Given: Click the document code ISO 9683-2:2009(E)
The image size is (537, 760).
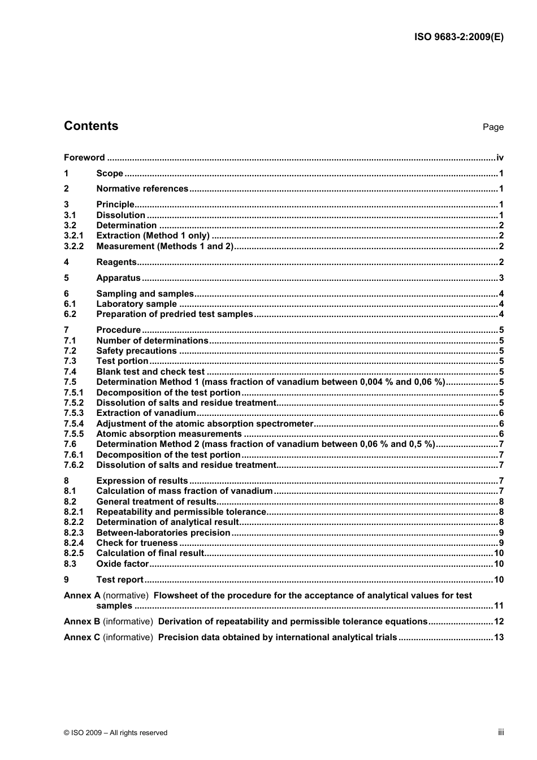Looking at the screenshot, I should coord(458,37).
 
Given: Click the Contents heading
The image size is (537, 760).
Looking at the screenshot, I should coord(91,126).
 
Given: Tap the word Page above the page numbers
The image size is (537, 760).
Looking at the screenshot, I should coord(493,127).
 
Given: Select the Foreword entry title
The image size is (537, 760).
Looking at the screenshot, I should coord(84,158).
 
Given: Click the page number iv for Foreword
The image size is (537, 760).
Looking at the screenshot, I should coord(500,158).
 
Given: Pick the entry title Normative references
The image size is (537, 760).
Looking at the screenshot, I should coord(142,189).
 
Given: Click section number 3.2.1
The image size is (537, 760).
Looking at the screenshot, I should coord(73,236).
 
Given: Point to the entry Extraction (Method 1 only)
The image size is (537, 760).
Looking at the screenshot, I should coord(153,236).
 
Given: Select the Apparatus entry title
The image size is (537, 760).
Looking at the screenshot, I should coord(118,278).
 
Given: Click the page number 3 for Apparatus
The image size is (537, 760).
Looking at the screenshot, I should coord(501,278).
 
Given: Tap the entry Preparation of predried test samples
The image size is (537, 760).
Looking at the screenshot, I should coord(174,314).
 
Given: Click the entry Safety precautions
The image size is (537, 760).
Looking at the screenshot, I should coord(136,351).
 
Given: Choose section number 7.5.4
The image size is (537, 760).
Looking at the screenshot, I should coord(73,424).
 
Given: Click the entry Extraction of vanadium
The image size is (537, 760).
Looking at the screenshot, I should coord(146,413).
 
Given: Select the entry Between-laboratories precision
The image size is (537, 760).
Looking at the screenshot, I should coord(163,533).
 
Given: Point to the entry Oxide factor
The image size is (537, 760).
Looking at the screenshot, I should coord(122,564).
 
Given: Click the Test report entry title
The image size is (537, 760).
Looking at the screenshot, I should coord(120,580).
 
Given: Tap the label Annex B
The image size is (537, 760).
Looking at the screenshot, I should coord(82,622).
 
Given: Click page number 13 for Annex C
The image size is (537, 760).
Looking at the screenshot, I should coord(499,637).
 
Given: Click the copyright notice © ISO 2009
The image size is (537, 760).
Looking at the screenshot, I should coord(115,733).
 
